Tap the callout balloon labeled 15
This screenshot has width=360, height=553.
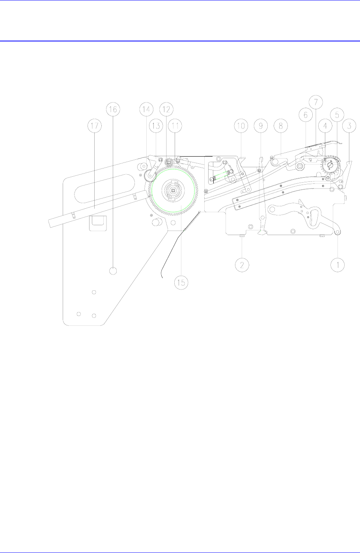(182, 282)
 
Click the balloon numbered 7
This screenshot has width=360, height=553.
(316, 101)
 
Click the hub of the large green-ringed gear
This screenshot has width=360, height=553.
(173, 190)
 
